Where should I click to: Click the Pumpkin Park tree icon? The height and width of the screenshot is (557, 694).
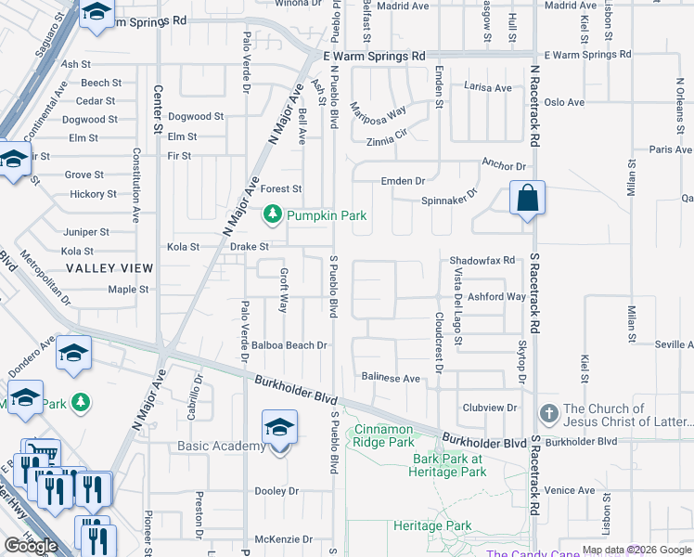point(273,215)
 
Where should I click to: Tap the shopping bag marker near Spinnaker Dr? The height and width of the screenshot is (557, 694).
point(527,199)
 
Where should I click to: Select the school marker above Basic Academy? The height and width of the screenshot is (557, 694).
point(279,428)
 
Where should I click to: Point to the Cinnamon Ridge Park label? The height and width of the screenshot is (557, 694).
point(383,435)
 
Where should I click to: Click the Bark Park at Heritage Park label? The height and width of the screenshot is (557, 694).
point(449,465)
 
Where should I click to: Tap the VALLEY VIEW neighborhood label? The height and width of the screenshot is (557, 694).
point(109,268)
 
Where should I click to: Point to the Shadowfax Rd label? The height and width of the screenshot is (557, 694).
point(482,261)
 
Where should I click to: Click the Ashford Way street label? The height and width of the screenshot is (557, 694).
point(496,297)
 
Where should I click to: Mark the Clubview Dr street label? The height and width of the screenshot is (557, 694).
point(489,408)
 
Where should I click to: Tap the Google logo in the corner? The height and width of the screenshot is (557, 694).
point(32,545)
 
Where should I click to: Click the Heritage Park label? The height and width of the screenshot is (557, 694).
point(432,526)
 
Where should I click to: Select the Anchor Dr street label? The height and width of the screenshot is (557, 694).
point(503,165)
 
